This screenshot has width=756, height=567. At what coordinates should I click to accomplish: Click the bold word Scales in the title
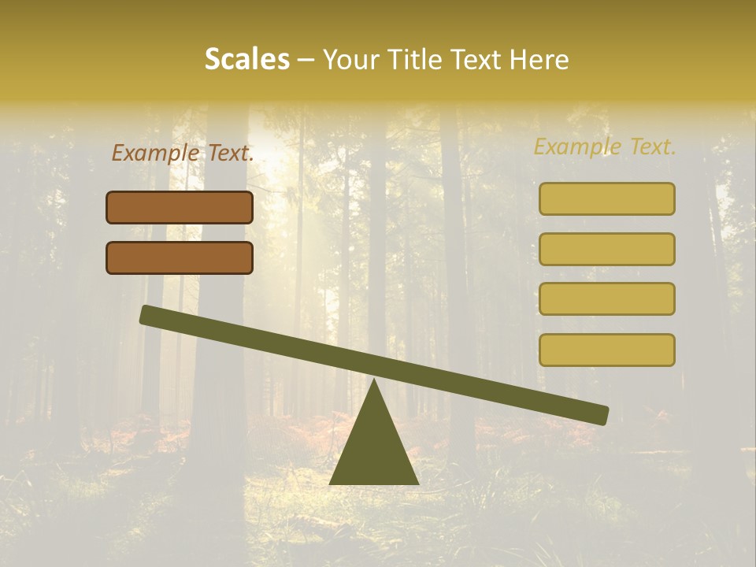pyautogui.click(x=246, y=59)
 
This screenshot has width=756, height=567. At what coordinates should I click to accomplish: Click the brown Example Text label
pyautogui.click(x=183, y=153)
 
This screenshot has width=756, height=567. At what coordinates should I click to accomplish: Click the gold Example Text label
pyautogui.click(x=605, y=146)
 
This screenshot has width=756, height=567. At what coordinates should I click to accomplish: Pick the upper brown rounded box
pyautogui.click(x=180, y=207)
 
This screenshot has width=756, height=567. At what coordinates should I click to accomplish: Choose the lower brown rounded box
pyautogui.click(x=180, y=258)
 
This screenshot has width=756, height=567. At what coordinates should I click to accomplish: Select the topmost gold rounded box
pyautogui.click(x=606, y=198)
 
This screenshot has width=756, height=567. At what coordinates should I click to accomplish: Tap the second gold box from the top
pyautogui.click(x=606, y=249)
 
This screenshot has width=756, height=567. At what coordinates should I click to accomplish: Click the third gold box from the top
pyautogui.click(x=606, y=298)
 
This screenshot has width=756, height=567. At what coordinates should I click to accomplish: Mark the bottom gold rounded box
pyautogui.click(x=606, y=350)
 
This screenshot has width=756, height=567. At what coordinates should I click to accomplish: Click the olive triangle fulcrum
pyautogui.click(x=374, y=449)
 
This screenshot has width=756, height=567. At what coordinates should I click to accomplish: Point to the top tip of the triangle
pyautogui.click(x=374, y=381)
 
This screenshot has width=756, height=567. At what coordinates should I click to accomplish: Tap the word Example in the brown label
pyautogui.click(x=156, y=153)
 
